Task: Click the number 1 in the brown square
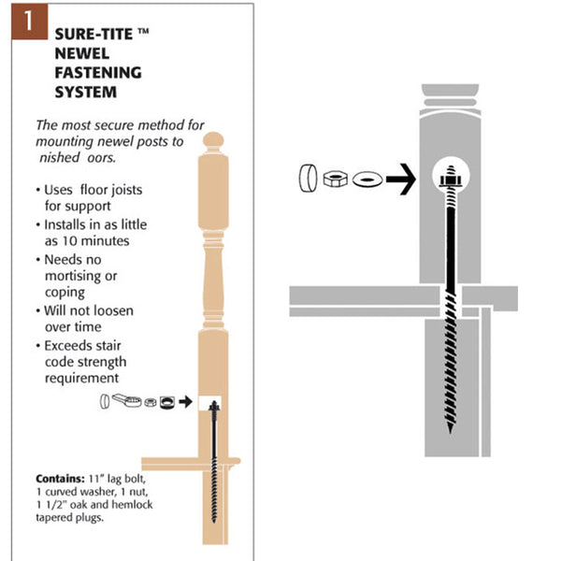click(23, 24)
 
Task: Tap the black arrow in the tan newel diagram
click(187, 403)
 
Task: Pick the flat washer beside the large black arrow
click(366, 177)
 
